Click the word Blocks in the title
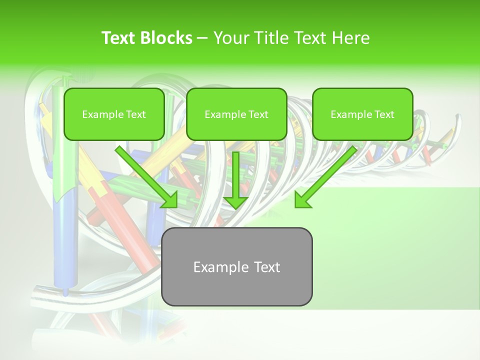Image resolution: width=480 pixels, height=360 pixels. pyautogui.click(x=167, y=38)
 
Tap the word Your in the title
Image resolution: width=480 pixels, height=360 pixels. pyautogui.click(x=230, y=38)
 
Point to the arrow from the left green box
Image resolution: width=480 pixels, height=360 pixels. pyautogui.click(x=145, y=175)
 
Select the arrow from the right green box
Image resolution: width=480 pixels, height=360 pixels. pyautogui.click(x=327, y=175)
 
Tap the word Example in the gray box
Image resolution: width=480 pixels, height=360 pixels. pyautogui.click(x=218, y=267)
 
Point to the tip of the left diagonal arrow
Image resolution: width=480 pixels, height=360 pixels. pyautogui.click(x=175, y=206)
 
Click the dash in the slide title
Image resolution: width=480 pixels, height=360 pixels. pyautogui.click(x=202, y=38)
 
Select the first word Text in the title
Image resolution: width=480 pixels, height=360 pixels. pyautogui.click(x=118, y=38)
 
